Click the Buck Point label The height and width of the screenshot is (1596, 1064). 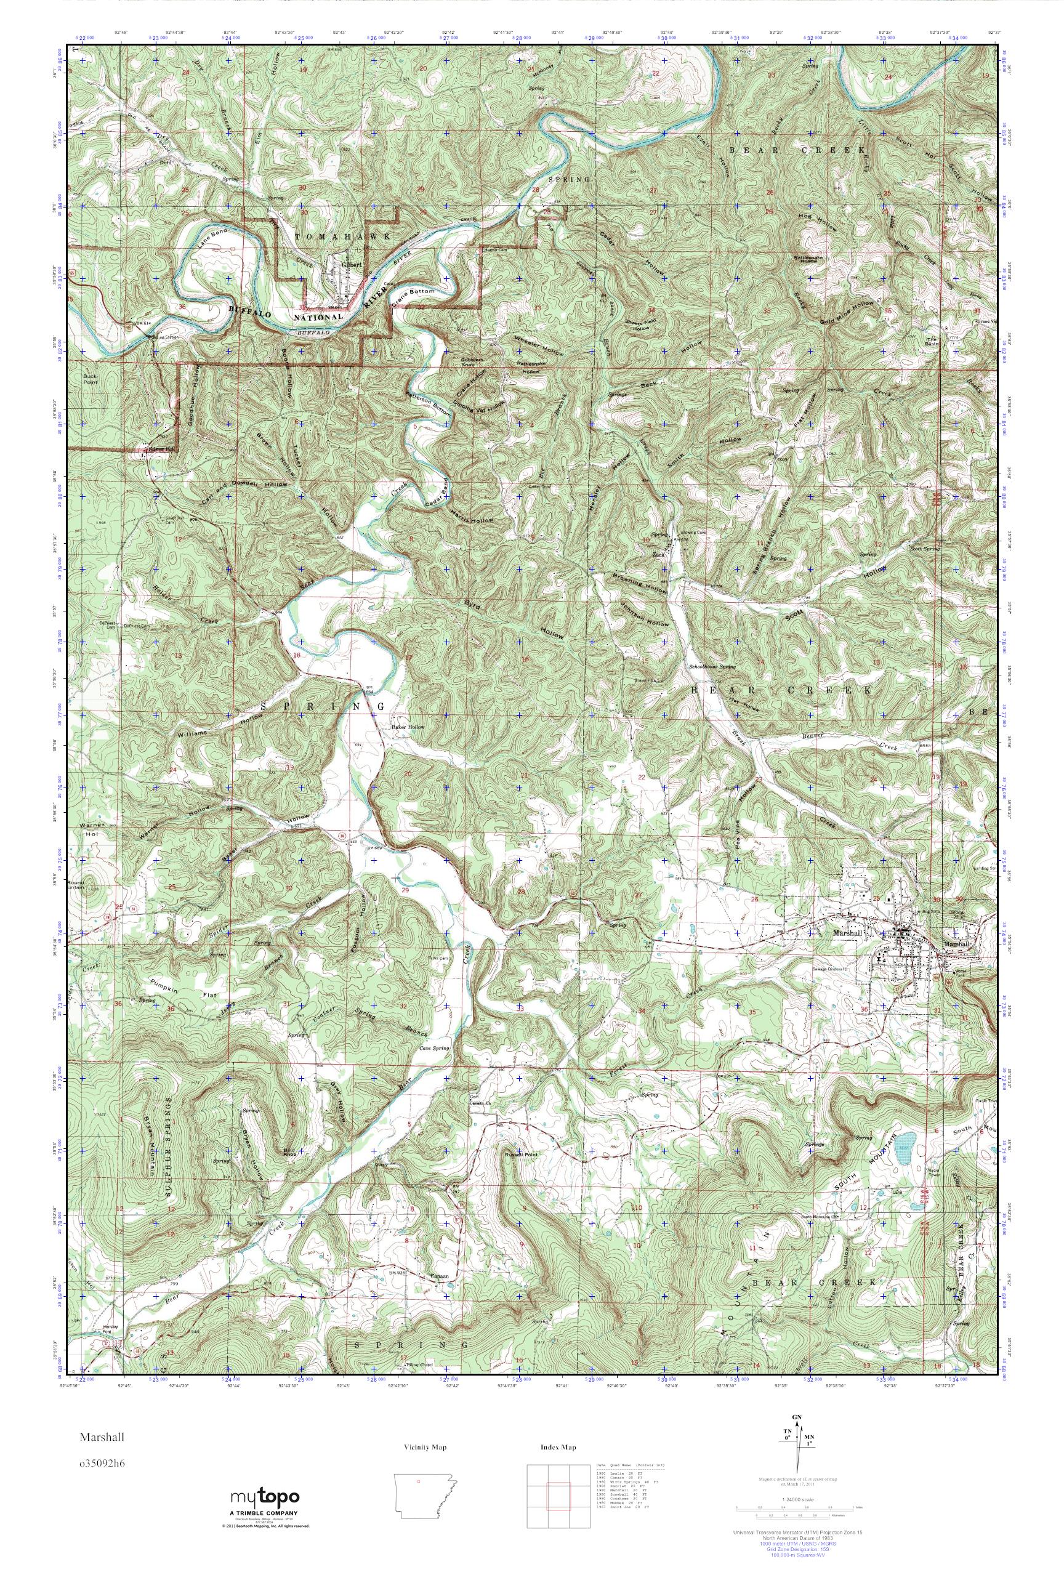91,379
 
